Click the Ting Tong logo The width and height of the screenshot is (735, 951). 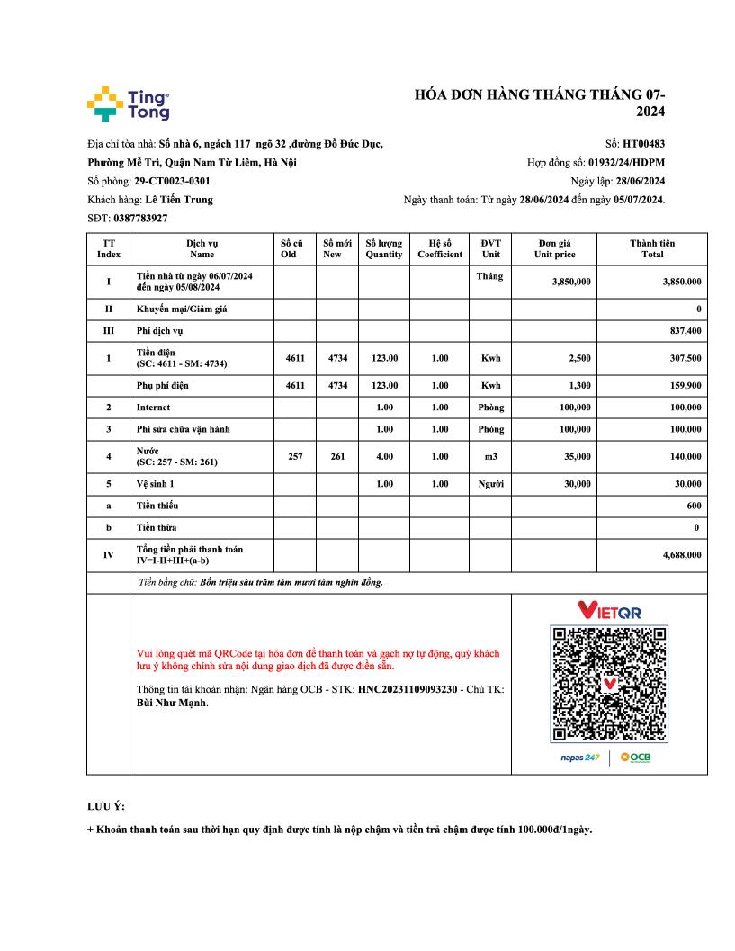(128, 104)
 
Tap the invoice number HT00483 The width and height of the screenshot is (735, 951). (643, 143)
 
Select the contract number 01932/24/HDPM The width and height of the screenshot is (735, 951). (626, 162)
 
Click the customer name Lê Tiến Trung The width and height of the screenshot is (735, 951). (179, 200)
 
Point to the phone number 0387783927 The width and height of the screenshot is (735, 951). (140, 219)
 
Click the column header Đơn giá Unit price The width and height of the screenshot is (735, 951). (554, 248)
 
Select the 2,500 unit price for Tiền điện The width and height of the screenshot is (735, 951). (579, 358)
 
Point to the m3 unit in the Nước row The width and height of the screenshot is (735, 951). (490, 456)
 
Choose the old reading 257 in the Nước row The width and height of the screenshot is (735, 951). (295, 456)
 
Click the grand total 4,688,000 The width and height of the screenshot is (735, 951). (682, 555)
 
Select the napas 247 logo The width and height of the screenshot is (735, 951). (579, 758)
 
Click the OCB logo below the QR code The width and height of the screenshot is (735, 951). (635, 758)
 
